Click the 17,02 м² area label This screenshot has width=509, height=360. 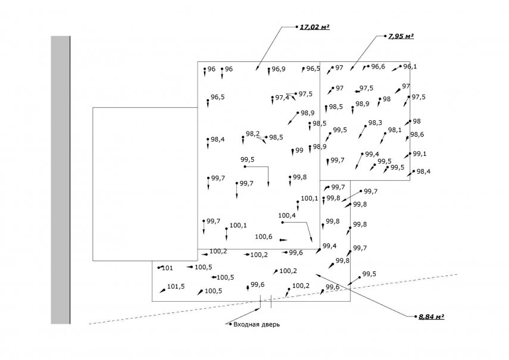point(315,27)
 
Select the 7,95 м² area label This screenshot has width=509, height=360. point(401,36)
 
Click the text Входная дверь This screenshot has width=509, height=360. point(256,324)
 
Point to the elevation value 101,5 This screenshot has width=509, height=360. point(176,286)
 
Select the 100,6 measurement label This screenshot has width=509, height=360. point(264,237)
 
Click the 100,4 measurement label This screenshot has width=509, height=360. point(287,215)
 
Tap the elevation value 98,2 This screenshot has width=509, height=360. point(252,134)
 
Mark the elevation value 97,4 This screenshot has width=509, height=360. point(282,98)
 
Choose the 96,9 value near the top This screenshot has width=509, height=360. point(279,69)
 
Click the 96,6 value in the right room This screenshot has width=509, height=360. point(378,66)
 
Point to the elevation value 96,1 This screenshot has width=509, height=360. point(410,66)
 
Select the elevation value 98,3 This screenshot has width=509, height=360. point(375,123)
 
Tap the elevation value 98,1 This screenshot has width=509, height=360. point(395,130)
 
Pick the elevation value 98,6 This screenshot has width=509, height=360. point(417,134)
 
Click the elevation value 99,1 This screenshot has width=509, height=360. point(420,154)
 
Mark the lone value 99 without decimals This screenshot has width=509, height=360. point(299,151)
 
